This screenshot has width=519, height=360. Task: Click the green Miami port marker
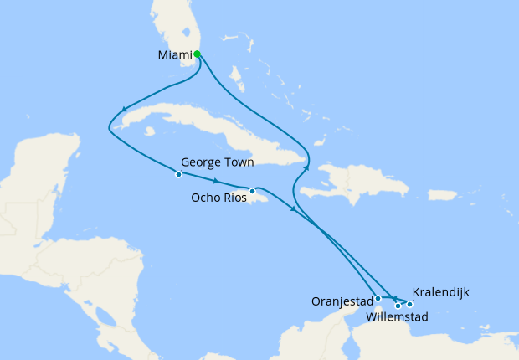(197, 54)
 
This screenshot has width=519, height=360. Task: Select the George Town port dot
(178, 174)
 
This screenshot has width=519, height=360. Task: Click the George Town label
(218, 162)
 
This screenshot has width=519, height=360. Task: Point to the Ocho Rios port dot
(252, 191)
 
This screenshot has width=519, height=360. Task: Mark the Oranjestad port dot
(378, 298)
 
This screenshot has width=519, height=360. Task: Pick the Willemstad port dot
(398, 306)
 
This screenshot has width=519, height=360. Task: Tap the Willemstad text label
(398, 317)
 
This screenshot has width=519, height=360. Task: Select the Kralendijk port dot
(409, 304)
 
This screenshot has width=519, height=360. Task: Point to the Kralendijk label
(441, 292)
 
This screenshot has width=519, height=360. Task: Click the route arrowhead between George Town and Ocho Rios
(217, 182)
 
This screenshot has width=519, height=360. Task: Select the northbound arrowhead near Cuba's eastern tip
(306, 168)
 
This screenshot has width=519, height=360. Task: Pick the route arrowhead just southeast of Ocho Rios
(292, 208)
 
